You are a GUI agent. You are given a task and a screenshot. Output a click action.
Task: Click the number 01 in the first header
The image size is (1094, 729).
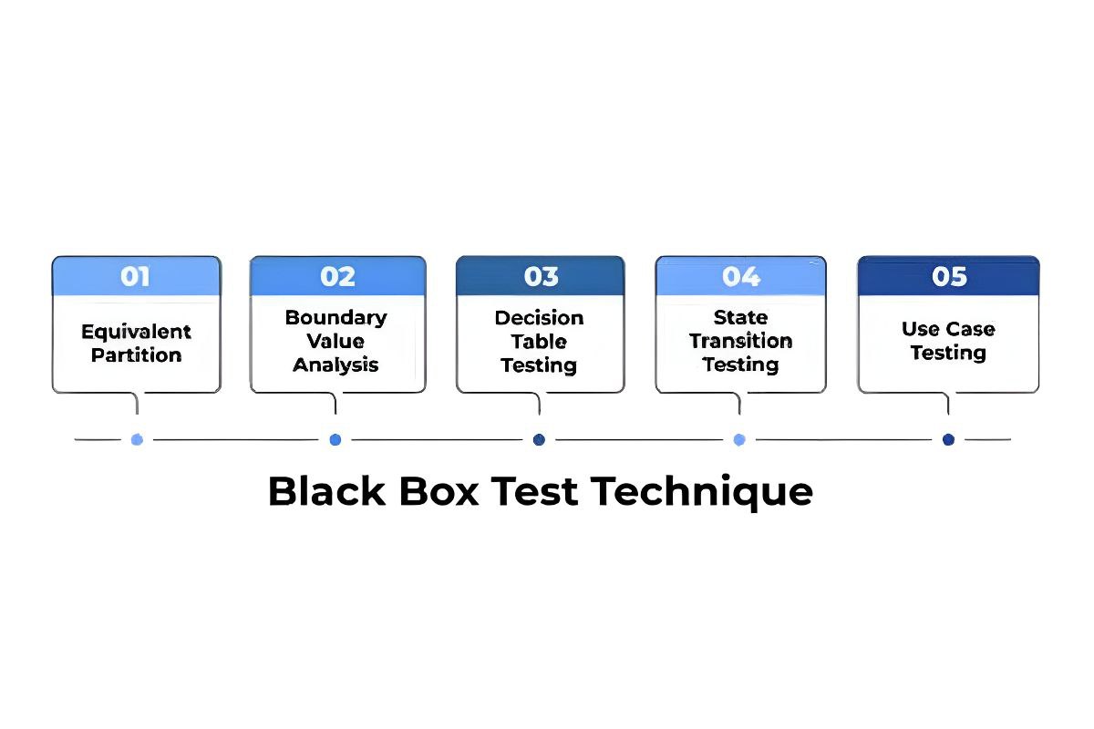(135, 276)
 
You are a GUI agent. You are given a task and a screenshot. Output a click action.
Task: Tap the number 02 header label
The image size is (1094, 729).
(337, 276)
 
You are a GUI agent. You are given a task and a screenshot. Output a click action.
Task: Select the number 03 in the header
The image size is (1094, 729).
(541, 276)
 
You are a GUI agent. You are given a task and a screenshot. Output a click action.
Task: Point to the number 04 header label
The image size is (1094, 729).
(741, 276)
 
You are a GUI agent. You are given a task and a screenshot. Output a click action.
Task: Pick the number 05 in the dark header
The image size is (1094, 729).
(949, 276)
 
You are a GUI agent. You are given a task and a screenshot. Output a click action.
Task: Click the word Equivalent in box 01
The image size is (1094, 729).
(136, 332)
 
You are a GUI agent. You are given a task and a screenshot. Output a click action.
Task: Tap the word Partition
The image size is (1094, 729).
(136, 355)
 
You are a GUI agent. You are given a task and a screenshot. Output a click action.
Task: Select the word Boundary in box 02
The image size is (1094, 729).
(335, 317)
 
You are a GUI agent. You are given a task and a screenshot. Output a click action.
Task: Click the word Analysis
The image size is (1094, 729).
(335, 365)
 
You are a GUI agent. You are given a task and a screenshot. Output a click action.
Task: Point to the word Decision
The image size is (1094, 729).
(539, 318)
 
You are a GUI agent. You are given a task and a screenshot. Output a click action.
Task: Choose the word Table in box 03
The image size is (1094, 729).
(539, 342)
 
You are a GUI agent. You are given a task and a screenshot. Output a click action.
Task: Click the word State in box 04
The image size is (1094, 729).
(740, 317)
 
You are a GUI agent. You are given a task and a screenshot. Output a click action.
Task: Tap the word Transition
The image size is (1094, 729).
(740, 341)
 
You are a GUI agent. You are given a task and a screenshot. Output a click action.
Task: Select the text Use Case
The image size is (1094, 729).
(948, 329)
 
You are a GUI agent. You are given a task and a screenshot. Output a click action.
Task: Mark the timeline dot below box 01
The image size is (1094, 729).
(137, 439)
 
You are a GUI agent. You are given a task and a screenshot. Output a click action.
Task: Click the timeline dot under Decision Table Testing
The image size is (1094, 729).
(539, 439)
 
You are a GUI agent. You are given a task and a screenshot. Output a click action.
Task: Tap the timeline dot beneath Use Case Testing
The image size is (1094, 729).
(948, 439)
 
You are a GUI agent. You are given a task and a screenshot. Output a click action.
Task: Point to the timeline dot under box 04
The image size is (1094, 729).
(739, 439)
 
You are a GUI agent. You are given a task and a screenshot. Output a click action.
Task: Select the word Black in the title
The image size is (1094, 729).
(327, 492)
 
